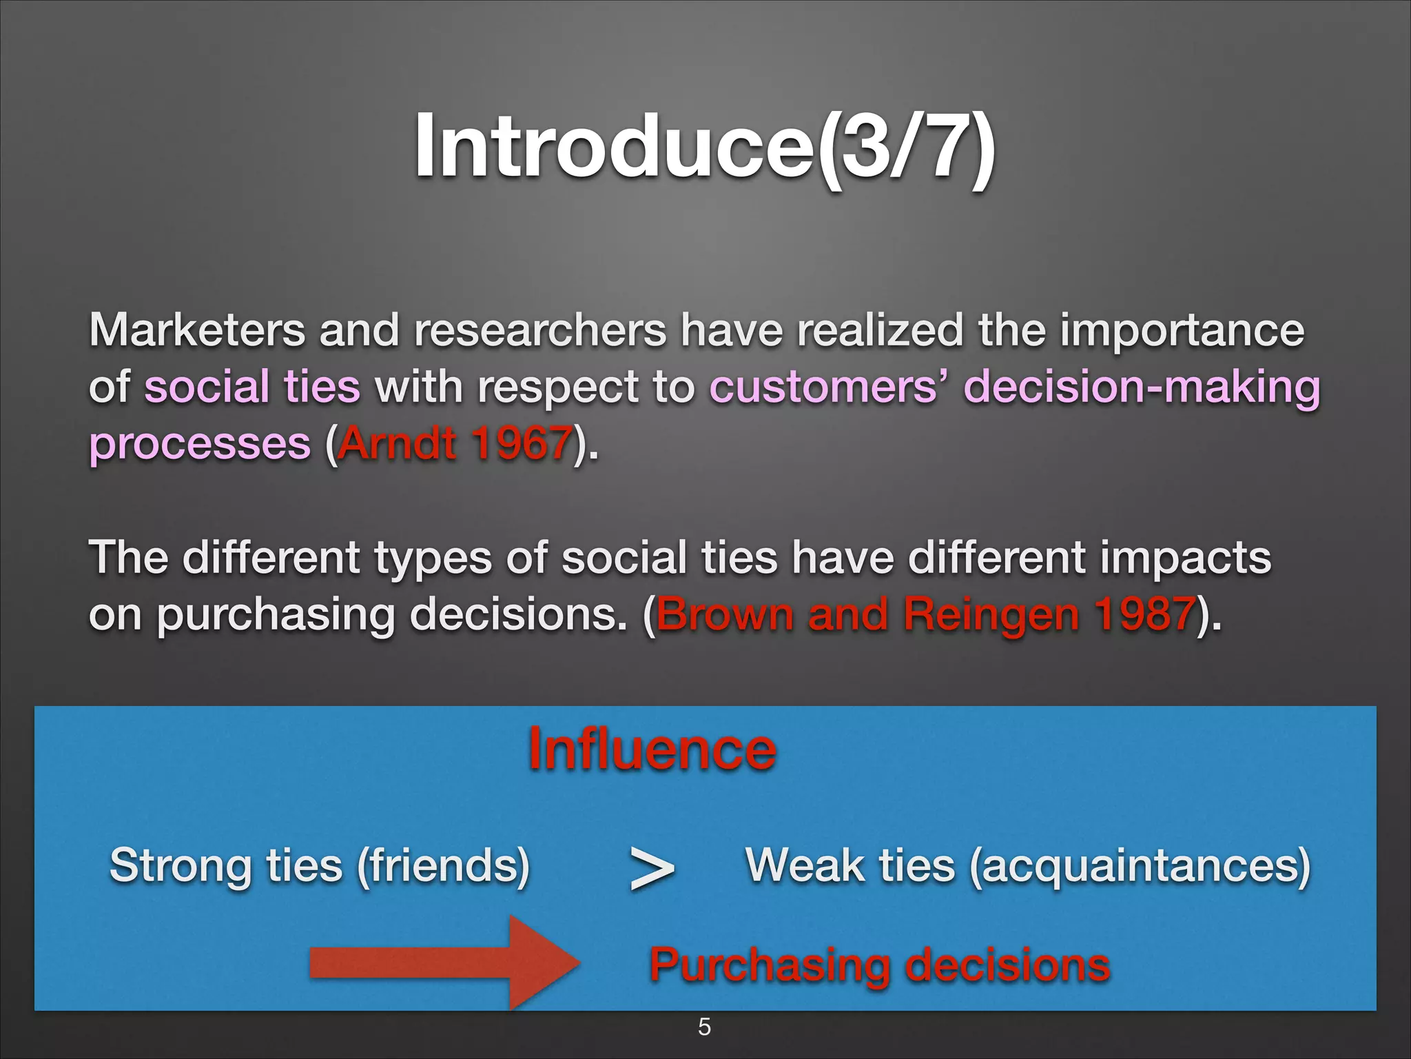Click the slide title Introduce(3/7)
(704, 146)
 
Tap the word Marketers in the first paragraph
(196, 331)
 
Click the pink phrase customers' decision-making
(1014, 387)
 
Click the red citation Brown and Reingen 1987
(925, 614)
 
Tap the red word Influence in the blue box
(652, 750)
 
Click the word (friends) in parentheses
(444, 865)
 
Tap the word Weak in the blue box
(805, 865)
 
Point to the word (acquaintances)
(1140, 865)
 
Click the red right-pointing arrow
(444, 963)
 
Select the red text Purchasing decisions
(879, 965)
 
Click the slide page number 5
(704, 1027)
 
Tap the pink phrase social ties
(252, 387)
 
